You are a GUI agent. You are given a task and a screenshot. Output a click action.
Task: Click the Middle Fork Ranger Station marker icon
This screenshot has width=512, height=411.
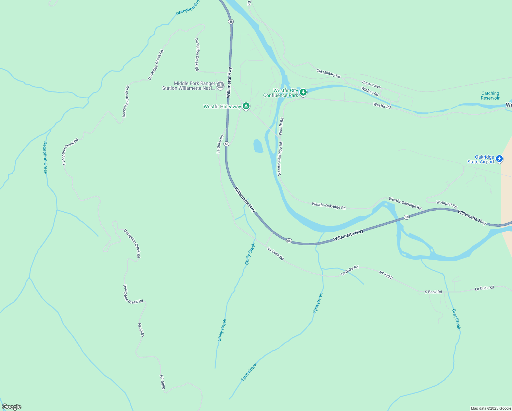click(x=220, y=85)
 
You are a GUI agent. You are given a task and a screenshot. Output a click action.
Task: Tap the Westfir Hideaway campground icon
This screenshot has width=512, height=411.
click(x=246, y=106)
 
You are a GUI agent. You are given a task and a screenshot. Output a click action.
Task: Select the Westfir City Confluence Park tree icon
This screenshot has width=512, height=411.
click(x=303, y=92)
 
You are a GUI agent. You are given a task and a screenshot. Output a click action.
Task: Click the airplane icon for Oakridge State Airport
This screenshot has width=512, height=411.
click(x=499, y=159)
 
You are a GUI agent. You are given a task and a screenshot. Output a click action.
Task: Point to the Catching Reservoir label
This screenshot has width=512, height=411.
click(x=490, y=96)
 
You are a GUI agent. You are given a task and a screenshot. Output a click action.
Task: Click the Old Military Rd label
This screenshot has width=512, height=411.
click(x=328, y=73)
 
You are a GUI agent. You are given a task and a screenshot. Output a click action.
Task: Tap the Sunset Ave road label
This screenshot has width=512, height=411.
click(x=371, y=84)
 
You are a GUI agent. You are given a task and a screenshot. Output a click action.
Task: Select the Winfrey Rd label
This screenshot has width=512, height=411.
click(x=370, y=91)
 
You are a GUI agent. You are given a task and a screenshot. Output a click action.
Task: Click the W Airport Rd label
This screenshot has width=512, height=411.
click(x=447, y=204)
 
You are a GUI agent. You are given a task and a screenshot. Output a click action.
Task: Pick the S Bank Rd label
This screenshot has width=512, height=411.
click(x=433, y=292)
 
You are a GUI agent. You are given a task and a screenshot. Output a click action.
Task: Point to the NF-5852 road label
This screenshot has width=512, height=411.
click(x=386, y=275)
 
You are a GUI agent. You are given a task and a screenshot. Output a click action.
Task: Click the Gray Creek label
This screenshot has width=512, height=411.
click(x=456, y=319)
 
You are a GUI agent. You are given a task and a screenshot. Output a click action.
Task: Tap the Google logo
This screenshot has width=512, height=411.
click(x=11, y=407)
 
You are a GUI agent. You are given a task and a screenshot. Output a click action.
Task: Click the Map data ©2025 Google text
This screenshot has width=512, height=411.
click(x=491, y=408)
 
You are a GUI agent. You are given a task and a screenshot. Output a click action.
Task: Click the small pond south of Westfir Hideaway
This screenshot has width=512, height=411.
click(x=258, y=146)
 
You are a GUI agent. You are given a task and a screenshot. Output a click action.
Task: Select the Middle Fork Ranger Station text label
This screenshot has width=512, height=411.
click(x=189, y=86)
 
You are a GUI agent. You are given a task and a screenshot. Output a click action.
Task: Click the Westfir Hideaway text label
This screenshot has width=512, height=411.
click(x=222, y=107)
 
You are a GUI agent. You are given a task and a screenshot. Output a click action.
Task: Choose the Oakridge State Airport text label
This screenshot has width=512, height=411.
click(x=481, y=160)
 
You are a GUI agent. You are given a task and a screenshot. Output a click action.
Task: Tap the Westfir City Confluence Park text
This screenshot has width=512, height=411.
click(x=281, y=93)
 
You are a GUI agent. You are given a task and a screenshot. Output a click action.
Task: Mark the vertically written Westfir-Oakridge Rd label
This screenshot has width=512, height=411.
click(x=280, y=159)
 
